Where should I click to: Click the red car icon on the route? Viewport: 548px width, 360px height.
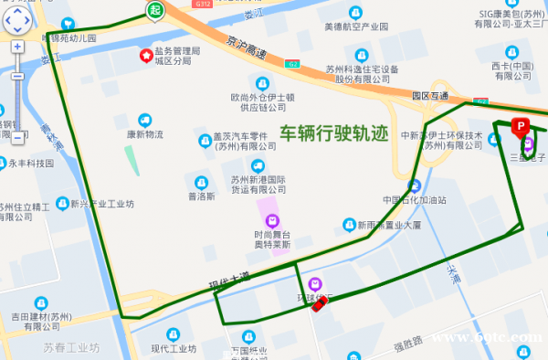point(319,303)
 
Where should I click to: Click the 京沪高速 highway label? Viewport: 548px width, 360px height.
point(248,47)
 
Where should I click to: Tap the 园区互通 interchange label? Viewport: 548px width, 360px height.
point(430,94)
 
